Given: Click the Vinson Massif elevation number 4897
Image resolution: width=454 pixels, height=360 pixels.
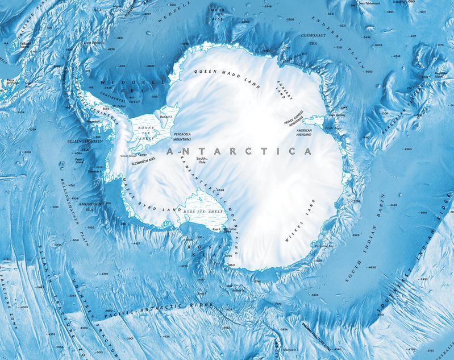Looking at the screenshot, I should point(143,154).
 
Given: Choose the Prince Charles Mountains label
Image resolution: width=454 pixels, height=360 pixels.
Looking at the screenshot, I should point(298,122).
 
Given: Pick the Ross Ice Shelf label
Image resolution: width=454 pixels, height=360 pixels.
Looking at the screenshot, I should point(200,212).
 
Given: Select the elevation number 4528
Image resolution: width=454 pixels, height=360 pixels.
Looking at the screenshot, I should point(220,190).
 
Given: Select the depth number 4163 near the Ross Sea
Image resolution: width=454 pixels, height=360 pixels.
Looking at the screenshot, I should point(231,265).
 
